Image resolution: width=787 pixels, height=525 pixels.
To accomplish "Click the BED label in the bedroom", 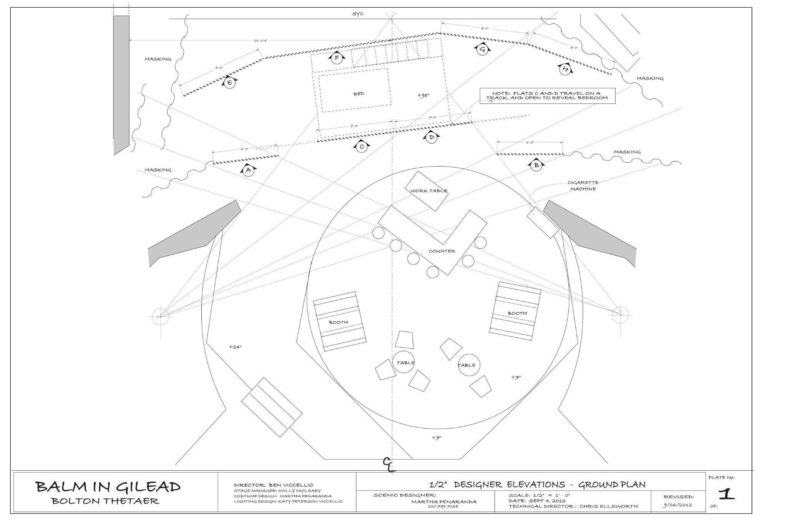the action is (358, 94).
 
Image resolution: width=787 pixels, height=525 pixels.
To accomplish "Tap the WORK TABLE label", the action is (428, 191).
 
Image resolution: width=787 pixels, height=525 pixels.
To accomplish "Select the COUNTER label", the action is (442, 251).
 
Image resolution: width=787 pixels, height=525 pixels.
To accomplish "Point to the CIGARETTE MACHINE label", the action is (583, 186).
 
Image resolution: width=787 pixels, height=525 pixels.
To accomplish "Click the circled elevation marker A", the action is (248, 170).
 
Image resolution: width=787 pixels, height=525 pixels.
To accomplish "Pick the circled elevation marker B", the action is (536, 165).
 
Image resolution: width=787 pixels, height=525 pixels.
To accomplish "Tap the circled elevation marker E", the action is (229, 83).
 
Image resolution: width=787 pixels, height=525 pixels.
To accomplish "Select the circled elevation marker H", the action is (565, 70).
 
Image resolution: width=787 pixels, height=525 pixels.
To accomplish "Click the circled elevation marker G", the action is (483, 49).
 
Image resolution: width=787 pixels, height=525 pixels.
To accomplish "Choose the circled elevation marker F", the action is (337, 58).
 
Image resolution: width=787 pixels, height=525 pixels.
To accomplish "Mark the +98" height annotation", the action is (423, 95).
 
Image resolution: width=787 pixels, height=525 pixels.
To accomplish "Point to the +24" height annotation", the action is (235, 347).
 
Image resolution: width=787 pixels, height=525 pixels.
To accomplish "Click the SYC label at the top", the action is (358, 14).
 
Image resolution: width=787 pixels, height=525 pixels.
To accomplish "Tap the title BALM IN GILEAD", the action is (108, 487).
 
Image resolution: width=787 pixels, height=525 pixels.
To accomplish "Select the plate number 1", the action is (726, 495).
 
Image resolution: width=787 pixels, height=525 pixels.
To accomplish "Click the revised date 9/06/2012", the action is (678, 505).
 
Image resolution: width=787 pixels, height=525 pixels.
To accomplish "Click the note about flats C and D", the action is (547, 96).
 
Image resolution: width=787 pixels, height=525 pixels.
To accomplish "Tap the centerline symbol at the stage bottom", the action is (389, 464).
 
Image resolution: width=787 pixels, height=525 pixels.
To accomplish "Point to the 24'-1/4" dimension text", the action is (260, 40).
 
